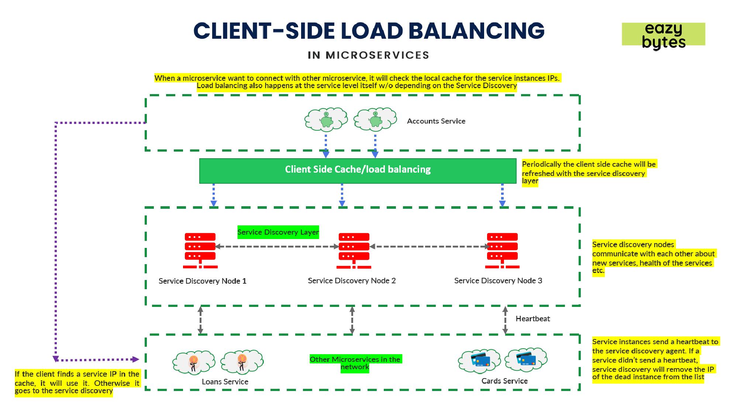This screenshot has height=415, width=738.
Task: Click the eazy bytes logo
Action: (663, 35)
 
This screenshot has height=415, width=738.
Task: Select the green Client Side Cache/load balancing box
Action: (358, 171)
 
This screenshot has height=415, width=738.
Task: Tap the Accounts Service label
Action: (436, 121)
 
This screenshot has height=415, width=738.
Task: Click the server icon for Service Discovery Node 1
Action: (200, 250)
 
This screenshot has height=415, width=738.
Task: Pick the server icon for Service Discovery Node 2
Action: (354, 250)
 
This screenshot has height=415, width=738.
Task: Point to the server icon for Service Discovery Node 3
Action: (502, 250)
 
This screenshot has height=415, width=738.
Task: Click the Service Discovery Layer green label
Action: (278, 232)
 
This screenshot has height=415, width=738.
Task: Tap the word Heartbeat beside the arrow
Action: (532, 319)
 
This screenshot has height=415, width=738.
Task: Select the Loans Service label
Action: (225, 382)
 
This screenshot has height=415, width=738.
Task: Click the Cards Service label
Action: (504, 381)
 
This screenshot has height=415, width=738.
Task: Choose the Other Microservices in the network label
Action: (355, 363)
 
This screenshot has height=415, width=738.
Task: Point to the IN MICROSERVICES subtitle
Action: (368, 55)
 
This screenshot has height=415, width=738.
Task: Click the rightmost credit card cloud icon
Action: (526, 359)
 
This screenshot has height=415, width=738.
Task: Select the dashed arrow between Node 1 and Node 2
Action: (277, 246)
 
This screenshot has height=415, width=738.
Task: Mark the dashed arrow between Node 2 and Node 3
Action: (430, 246)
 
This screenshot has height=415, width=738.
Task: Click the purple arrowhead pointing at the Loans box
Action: (136, 359)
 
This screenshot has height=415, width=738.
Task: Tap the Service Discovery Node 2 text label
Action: (352, 281)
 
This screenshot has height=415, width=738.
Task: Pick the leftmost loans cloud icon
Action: (194, 362)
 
